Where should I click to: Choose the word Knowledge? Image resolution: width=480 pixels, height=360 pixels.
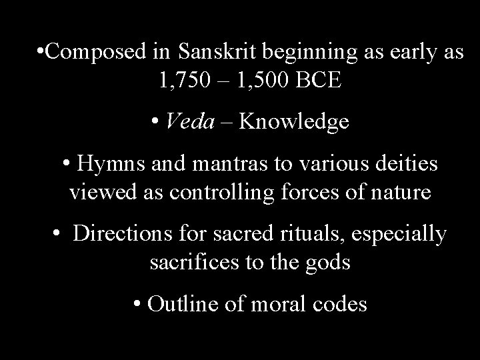293,122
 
